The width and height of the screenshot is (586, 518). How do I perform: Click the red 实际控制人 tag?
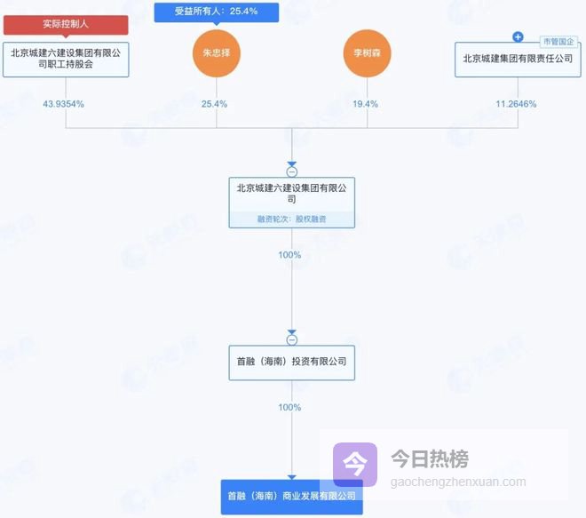[66, 24]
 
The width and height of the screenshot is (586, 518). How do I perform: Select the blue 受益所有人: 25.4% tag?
[217, 12]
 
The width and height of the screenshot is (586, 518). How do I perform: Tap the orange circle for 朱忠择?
[217, 54]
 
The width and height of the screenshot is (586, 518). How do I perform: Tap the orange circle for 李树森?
[367, 54]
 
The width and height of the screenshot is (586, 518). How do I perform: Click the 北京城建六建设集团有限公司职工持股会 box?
[66, 59]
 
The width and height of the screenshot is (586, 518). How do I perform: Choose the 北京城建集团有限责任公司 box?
[518, 59]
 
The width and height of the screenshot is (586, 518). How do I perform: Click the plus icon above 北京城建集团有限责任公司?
[518, 37]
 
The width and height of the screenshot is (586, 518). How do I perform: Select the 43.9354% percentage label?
[64, 104]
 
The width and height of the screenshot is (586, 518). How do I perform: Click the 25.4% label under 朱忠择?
[215, 104]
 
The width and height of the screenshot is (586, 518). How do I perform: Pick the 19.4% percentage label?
[366, 104]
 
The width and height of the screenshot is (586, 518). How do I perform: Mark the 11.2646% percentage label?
[516, 104]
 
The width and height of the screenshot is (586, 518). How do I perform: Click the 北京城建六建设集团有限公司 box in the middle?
[291, 194]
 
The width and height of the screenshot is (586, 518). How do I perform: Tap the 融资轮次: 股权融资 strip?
[291, 219]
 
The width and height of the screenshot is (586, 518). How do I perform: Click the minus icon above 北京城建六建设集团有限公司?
[291, 171]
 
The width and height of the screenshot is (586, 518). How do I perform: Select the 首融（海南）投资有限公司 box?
[291, 363]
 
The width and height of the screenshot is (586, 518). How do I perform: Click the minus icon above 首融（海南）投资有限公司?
[291, 339]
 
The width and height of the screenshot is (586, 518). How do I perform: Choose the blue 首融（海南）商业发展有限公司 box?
[291, 496]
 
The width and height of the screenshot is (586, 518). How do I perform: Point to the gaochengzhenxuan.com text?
[458, 482]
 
